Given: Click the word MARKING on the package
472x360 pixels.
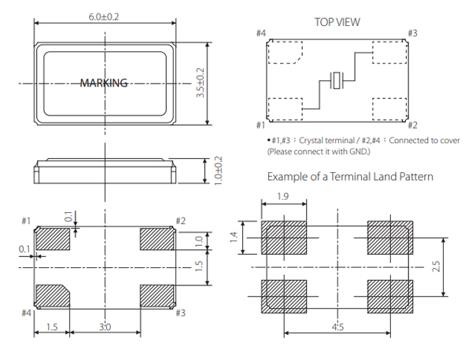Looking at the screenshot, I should (104, 83).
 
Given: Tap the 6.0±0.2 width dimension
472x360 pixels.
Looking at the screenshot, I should (105, 16).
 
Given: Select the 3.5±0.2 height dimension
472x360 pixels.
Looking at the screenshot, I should (201, 82).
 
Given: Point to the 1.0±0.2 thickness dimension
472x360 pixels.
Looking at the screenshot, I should (217, 169).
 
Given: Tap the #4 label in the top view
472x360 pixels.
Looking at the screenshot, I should (261, 34).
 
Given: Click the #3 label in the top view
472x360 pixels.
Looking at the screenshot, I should (412, 34).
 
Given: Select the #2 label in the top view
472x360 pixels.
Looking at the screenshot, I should (412, 125).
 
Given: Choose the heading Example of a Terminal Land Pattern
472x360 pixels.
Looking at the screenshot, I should (349, 176).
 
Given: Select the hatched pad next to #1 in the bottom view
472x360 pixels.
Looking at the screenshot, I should (53, 237).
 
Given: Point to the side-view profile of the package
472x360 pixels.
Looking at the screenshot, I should (105, 169).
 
